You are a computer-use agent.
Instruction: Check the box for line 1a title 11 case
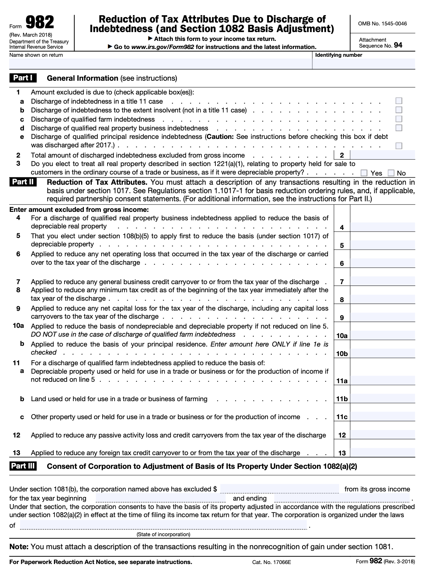point(399,101)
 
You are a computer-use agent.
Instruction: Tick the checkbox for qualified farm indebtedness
point(399,119)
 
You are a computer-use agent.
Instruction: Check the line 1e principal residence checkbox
point(399,146)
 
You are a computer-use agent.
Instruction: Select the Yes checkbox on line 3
point(364,173)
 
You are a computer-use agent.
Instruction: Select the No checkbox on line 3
point(391,173)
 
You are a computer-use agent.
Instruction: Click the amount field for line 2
point(383,155)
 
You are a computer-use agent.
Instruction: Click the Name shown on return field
point(160,64)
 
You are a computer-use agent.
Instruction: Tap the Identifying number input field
point(363,64)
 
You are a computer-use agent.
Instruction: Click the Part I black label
point(23,78)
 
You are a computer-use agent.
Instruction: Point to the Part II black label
point(23,182)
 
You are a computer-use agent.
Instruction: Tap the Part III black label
point(23,466)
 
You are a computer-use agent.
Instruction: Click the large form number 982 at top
point(40,23)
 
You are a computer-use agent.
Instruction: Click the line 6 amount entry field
point(383,263)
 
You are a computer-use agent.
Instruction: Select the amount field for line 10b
point(383,353)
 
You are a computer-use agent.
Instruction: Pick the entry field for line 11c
point(383,417)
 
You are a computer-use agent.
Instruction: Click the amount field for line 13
point(383,453)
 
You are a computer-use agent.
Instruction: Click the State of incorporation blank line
point(163,525)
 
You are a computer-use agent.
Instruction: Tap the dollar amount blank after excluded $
point(279,489)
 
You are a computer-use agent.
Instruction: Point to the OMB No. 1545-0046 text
point(382,24)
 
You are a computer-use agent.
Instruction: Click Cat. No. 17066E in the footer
point(271,562)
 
